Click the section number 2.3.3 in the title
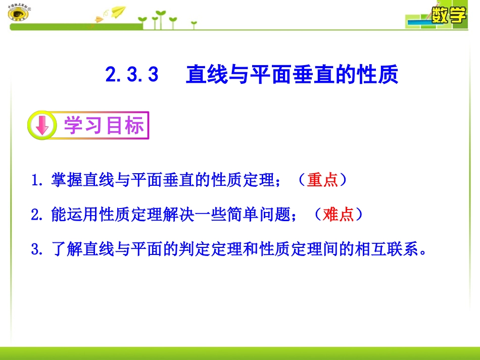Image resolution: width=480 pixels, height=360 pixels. click(132, 75)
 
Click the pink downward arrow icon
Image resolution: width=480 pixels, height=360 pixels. click(42, 126)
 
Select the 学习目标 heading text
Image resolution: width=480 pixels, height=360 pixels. click(104, 126)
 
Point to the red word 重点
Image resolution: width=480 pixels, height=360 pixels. click(322, 180)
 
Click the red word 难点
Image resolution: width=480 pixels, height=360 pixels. click(338, 215)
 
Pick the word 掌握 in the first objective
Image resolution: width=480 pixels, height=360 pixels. click(67, 180)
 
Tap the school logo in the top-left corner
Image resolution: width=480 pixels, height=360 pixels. click(19, 14)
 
